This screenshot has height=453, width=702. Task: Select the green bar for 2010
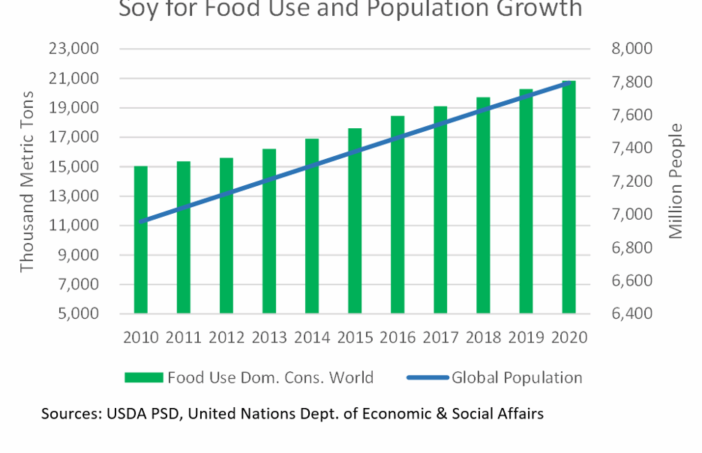(141, 239)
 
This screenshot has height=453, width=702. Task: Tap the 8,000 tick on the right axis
(632, 49)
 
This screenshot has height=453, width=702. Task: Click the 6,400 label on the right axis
(632, 313)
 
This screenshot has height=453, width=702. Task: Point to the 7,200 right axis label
(632, 181)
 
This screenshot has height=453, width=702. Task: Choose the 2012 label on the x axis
(226, 337)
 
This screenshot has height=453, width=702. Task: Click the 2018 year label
(483, 337)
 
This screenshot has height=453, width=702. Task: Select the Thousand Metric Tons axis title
(28, 181)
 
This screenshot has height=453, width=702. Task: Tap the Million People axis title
(676, 181)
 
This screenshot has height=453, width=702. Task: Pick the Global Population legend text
(517, 377)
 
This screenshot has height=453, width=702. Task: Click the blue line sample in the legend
(428, 377)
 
